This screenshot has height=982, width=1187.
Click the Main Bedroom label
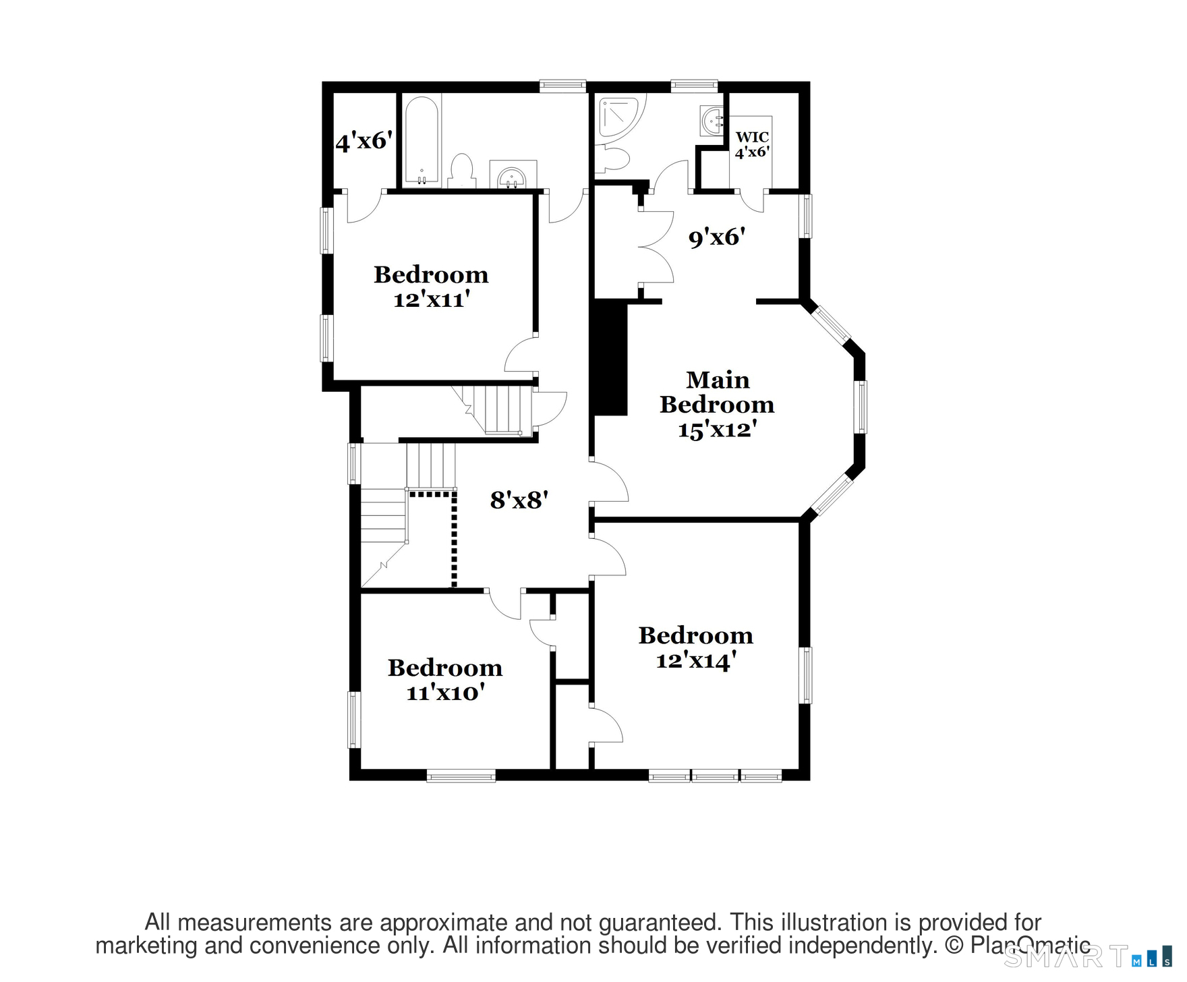tap(717, 393)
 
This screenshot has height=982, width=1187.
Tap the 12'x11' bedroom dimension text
tap(431, 299)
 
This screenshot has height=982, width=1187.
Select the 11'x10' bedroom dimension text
tap(445, 693)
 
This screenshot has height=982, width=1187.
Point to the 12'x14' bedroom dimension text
tap(695, 660)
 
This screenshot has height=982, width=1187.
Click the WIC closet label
tap(752, 138)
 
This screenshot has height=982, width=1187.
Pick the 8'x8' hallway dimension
tap(519, 500)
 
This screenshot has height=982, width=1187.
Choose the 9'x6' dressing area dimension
tap(716, 237)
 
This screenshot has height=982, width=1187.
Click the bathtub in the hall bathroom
tap(422, 140)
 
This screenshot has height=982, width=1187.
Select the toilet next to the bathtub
tap(461, 171)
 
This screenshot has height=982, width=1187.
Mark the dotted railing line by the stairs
tap(454, 540)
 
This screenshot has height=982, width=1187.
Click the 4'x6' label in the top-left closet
tap(364, 142)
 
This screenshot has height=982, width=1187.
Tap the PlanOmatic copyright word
tap(1030, 946)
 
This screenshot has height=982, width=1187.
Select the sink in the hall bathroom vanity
tap(511, 178)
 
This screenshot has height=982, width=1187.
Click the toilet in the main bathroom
tap(615, 159)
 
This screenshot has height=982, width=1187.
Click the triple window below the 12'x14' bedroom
tap(715, 776)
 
